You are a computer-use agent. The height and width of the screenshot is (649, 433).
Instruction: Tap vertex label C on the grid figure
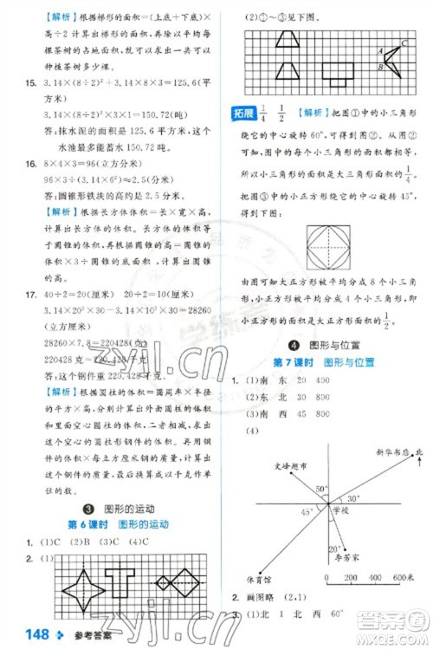coord(404,44)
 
